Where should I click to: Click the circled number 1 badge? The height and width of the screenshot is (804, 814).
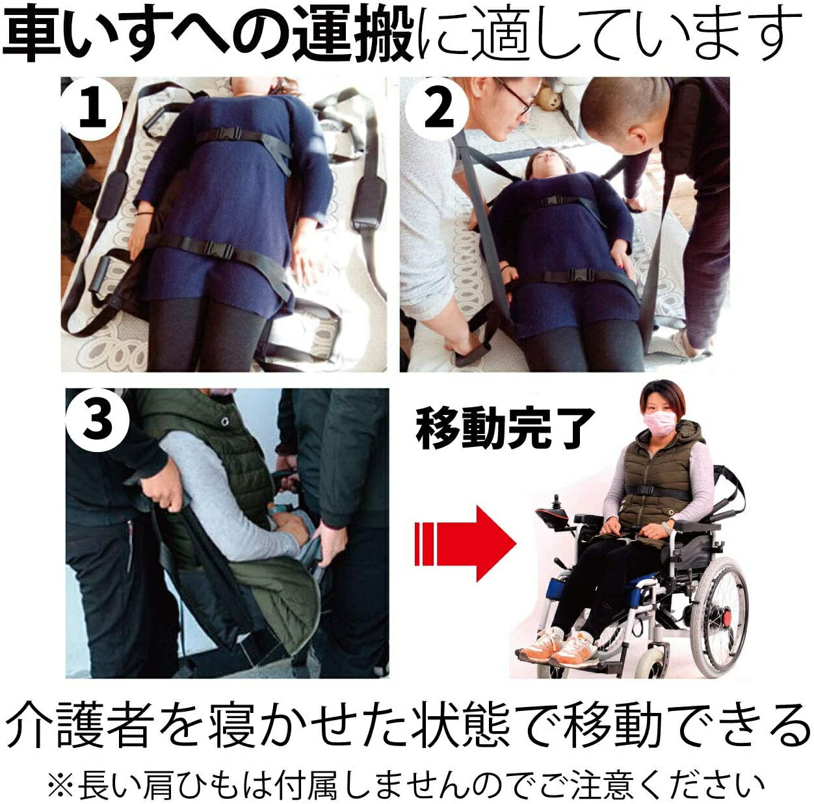[92, 108]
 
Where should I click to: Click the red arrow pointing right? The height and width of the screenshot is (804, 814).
[465, 544]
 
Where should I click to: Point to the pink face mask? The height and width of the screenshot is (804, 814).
[658, 422]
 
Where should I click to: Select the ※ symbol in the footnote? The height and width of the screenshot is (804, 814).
[60, 784]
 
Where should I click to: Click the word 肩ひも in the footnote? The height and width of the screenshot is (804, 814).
[168, 784]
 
